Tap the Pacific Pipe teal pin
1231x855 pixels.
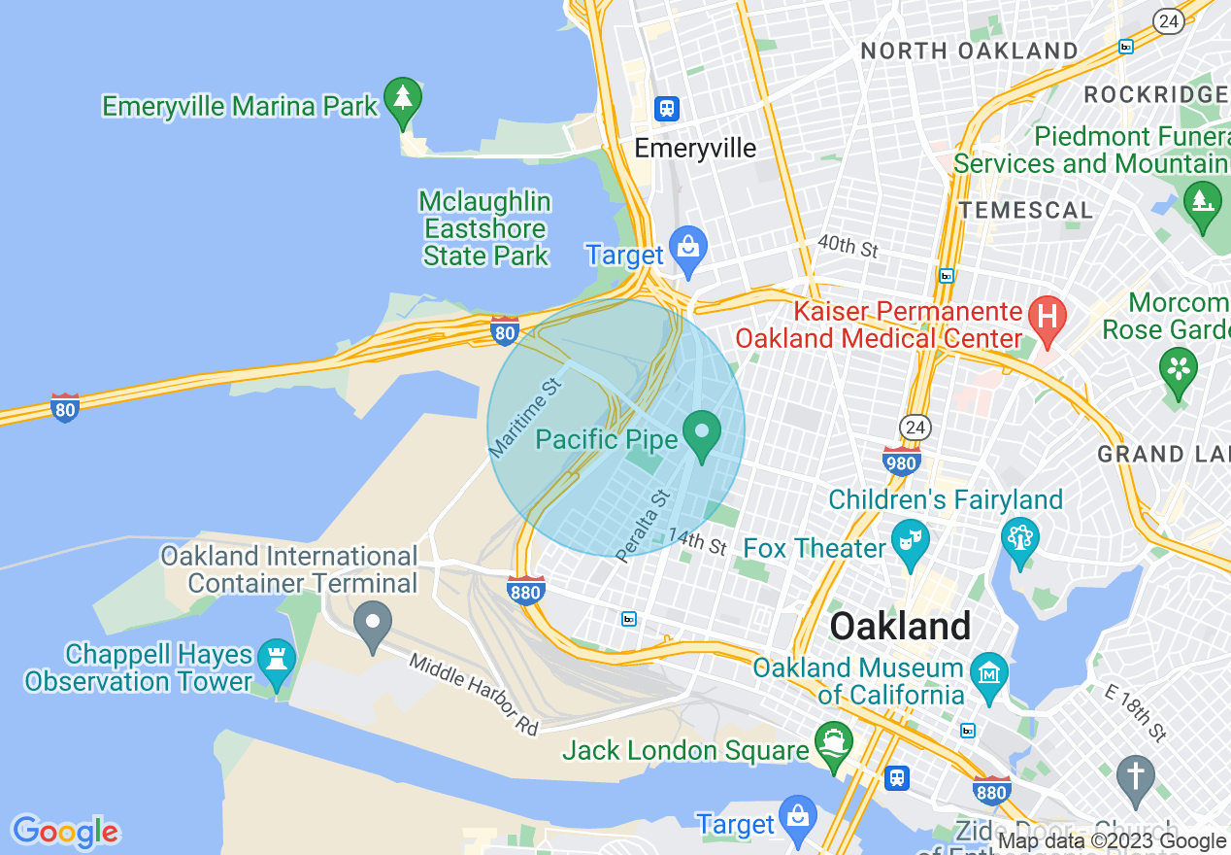tap(702, 433)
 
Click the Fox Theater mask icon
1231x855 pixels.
tap(910, 542)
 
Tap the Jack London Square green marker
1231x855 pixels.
tap(833, 743)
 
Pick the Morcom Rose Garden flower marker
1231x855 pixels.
tap(1178, 371)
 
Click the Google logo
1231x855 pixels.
tap(65, 832)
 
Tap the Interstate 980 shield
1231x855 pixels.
tap(902, 462)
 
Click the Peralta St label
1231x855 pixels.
tap(644, 526)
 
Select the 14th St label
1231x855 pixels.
tap(697, 541)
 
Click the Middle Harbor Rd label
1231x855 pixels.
tap(474, 694)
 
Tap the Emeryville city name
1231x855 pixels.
tap(695, 149)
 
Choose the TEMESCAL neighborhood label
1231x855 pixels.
tap(1025, 210)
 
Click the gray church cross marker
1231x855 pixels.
tap(1135, 778)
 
